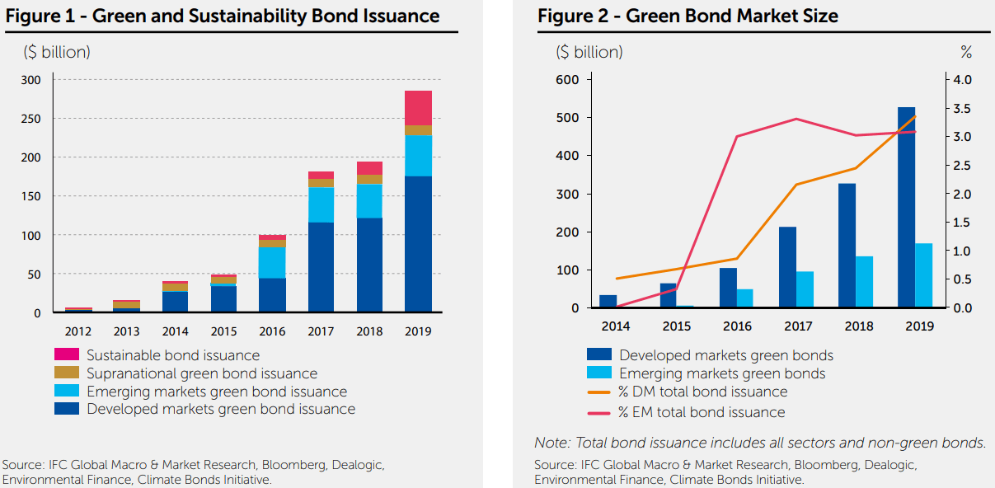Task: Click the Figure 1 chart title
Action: click(223, 16)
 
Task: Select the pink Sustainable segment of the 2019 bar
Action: click(418, 108)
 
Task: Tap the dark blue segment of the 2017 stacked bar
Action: click(321, 267)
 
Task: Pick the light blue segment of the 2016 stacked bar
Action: click(272, 262)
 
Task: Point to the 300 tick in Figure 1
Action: click(31, 80)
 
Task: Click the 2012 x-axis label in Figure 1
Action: click(77, 331)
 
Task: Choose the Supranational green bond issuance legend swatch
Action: click(66, 373)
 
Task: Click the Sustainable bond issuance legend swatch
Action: click(66, 355)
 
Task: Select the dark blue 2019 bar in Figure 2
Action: click(906, 207)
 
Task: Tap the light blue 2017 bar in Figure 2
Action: click(805, 289)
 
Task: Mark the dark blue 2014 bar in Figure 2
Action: click(608, 301)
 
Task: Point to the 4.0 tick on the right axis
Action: click(962, 80)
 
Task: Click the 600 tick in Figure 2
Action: click(568, 80)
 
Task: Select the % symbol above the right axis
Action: click(966, 52)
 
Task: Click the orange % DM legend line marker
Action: click(598, 392)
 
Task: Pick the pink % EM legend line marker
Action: click(598, 411)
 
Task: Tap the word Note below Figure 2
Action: click(551, 443)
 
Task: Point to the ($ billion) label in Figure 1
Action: click(56, 52)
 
